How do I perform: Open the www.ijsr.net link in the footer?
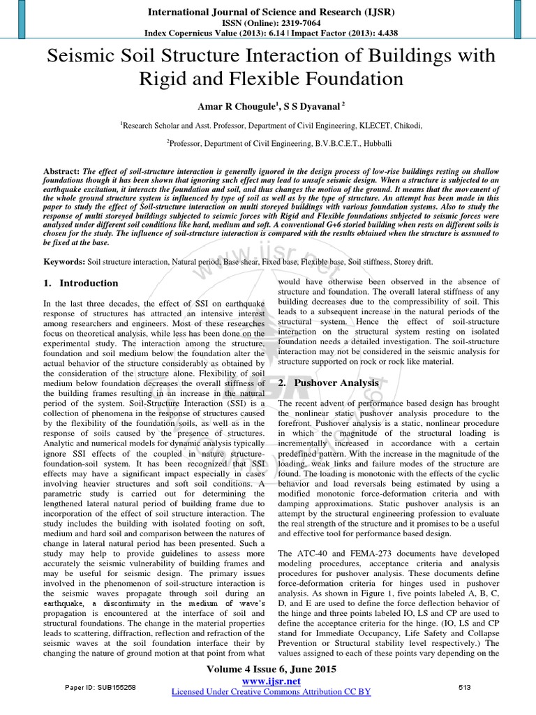[271, 681]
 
